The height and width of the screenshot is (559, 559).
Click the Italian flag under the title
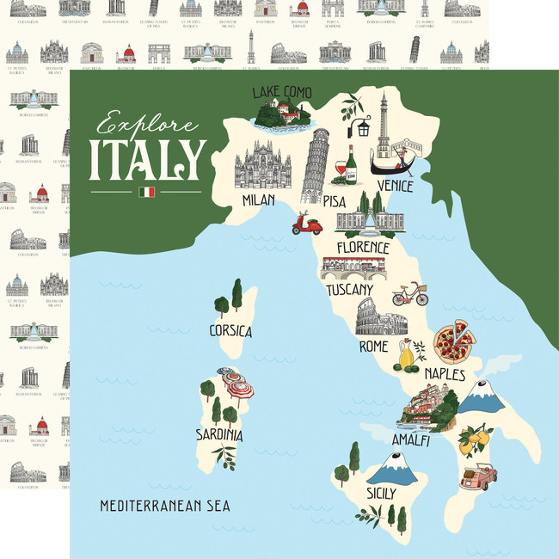146,192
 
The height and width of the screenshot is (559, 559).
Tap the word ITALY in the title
147,159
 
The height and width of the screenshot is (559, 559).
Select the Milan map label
259,200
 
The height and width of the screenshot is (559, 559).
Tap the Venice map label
394,186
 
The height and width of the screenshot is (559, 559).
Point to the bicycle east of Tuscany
409,296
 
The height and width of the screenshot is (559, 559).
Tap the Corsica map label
230,331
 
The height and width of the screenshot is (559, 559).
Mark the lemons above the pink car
474,439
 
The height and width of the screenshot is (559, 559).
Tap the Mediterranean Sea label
164,506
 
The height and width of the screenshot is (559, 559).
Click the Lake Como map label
281,92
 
